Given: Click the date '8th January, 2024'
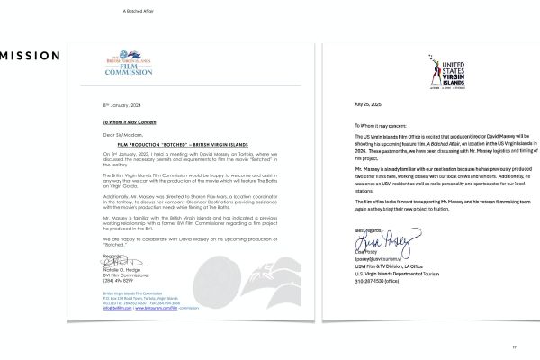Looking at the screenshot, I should point(118,105).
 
